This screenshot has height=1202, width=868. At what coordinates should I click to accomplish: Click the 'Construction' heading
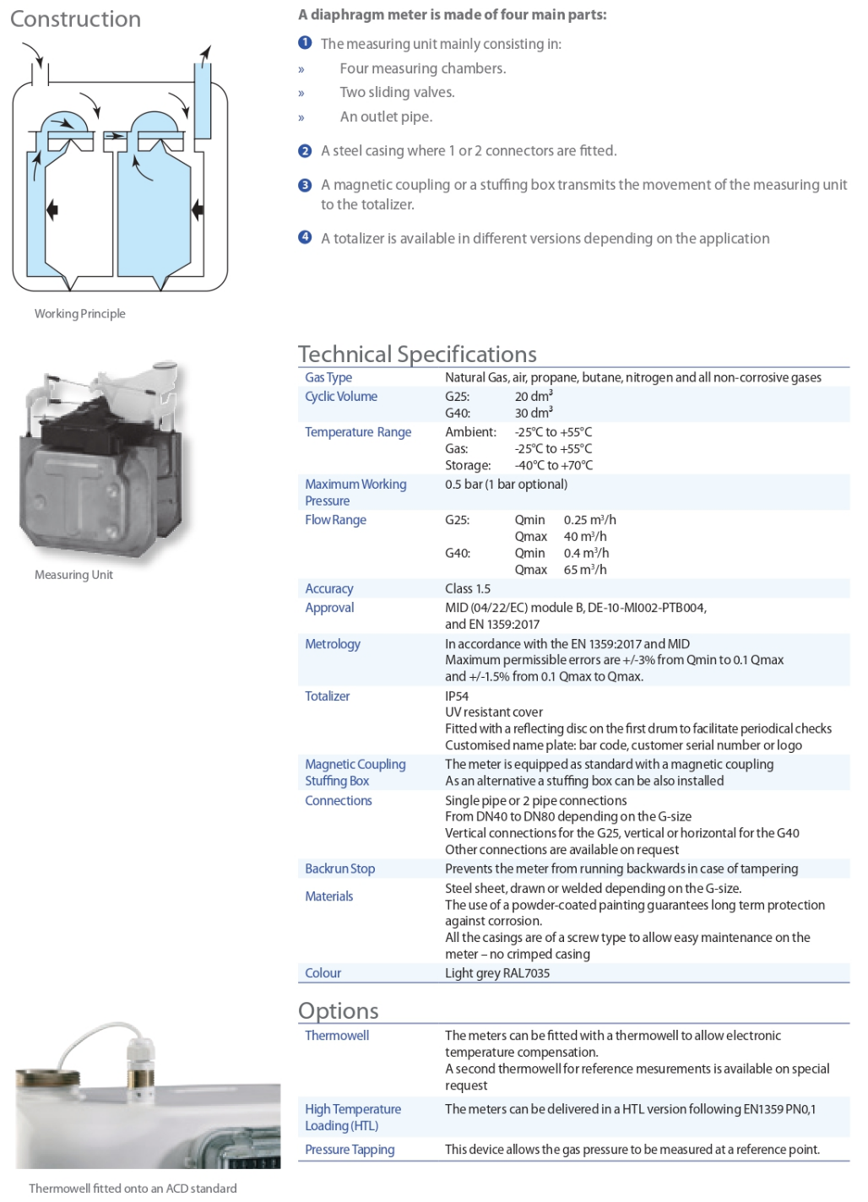coord(75,19)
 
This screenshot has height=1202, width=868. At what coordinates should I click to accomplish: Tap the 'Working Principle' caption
coord(80,314)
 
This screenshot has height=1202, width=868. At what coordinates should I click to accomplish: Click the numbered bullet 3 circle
coord(306,185)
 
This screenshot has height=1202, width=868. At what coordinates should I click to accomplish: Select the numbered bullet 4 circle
coord(306,237)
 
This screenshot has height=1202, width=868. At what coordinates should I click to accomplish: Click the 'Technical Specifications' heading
coord(417,354)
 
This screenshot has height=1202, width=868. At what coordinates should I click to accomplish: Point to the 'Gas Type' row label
coord(328,377)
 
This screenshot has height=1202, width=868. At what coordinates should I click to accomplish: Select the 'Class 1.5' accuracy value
coord(468,588)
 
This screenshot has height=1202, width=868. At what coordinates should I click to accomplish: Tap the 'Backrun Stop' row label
coord(339,869)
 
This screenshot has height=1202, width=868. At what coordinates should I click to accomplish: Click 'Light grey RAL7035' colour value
coord(497,973)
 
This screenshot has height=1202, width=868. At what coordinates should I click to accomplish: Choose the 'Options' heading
coord(338,1010)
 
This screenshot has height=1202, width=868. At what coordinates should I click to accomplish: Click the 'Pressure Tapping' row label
coord(350,1150)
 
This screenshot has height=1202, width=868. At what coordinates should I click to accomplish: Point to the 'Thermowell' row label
coord(337,1036)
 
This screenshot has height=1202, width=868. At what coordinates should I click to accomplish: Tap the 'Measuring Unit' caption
coord(73,575)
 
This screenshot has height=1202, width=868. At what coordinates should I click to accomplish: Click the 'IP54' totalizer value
coord(457,696)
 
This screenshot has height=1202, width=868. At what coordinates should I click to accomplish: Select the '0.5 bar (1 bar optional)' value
coord(506,485)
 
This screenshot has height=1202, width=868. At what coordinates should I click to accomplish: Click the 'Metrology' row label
coord(333,644)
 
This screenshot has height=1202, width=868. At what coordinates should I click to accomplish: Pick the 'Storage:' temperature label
coord(468,465)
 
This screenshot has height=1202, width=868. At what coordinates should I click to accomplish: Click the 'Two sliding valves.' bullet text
coord(397,92)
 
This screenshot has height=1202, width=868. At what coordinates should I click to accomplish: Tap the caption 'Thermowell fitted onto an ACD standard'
coord(133,1188)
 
